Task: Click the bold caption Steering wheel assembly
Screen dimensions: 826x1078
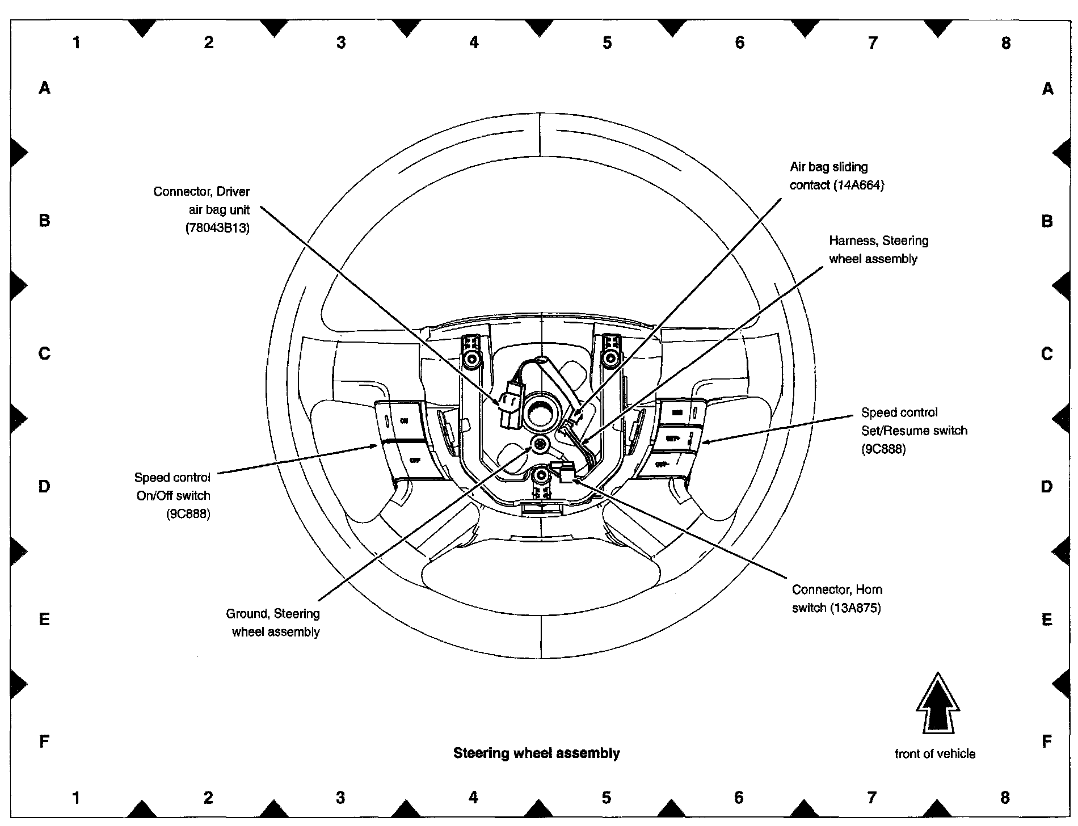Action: (x=536, y=753)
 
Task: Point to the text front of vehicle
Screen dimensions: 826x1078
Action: (x=935, y=754)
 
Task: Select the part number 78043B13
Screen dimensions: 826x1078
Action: (x=217, y=228)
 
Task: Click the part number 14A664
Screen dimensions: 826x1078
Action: (x=858, y=185)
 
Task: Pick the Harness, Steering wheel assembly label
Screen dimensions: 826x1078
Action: (x=878, y=250)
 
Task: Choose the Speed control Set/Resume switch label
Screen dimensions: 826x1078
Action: (x=913, y=431)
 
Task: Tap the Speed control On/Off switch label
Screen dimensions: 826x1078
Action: (x=172, y=495)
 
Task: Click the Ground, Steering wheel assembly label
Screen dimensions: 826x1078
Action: (x=273, y=622)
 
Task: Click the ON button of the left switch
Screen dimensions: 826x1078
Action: (x=403, y=420)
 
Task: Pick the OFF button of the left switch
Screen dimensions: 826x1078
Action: (x=415, y=460)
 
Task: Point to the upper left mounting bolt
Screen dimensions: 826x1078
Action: (x=471, y=359)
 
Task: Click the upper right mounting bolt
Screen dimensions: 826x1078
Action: (x=611, y=357)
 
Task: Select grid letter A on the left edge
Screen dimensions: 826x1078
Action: (x=44, y=88)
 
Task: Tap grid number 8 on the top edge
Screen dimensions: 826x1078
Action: (x=1005, y=43)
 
